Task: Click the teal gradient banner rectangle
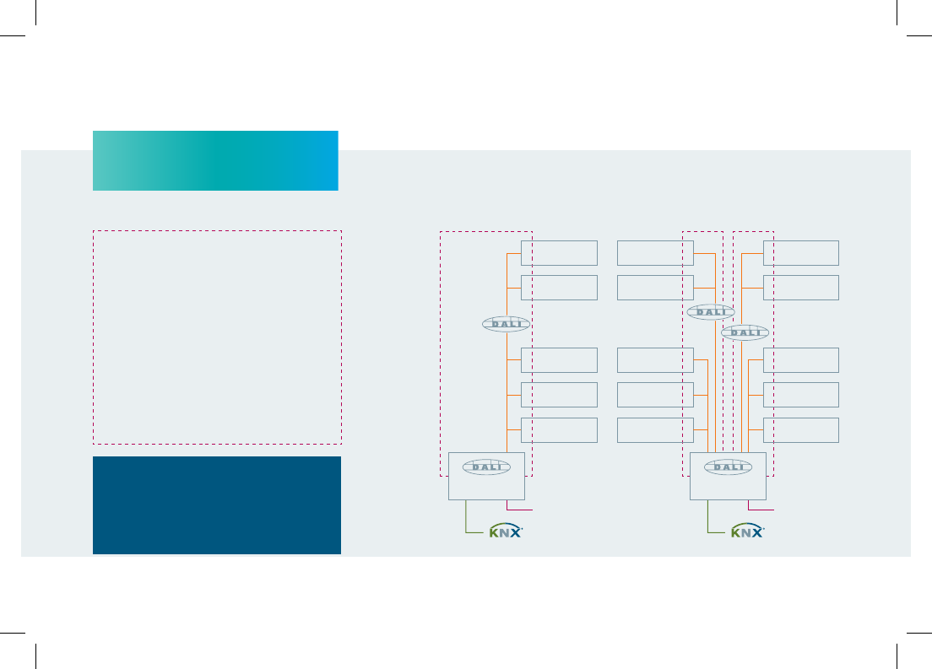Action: (x=215, y=160)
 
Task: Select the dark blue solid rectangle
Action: (x=217, y=505)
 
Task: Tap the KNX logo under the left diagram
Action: (x=505, y=531)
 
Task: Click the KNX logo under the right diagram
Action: (x=747, y=531)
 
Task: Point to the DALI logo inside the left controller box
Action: (x=486, y=467)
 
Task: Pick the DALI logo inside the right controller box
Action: (x=728, y=467)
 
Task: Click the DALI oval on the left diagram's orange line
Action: (x=506, y=324)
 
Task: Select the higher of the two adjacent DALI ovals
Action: (x=711, y=312)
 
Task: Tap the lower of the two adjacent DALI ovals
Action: (x=745, y=332)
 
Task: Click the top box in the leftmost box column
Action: (x=560, y=253)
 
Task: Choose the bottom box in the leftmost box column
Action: (x=560, y=430)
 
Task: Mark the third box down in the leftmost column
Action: (x=560, y=360)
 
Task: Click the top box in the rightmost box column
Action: (x=801, y=253)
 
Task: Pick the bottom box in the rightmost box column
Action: (x=801, y=430)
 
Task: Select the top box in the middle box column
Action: (x=656, y=253)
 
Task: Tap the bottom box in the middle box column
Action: (x=656, y=430)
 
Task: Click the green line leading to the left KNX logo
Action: (x=466, y=525)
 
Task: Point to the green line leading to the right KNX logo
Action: (x=708, y=525)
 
